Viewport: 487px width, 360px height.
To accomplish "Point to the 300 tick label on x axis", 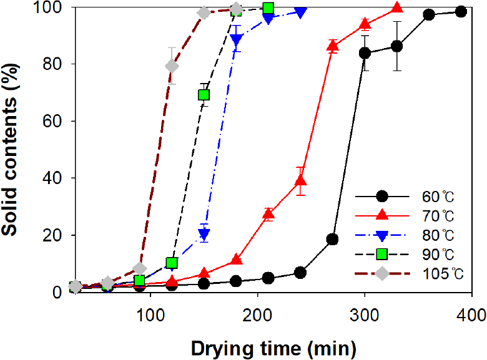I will coord(364,313).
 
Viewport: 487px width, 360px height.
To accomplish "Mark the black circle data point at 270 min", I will coord(332,239).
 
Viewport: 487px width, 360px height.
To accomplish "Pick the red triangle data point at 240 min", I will coord(300,181).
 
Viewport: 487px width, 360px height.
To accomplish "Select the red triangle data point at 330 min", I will coord(396,8).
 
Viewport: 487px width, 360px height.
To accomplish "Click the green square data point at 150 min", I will coord(204,95).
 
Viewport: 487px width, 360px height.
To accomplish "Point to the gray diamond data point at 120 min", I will coord(172,66).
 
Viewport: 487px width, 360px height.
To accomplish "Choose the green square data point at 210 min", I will coord(268,8).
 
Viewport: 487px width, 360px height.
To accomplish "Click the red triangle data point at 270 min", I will coord(333,46).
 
